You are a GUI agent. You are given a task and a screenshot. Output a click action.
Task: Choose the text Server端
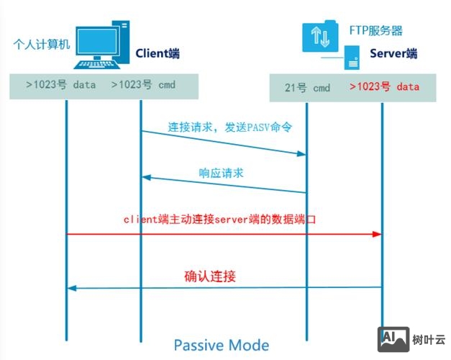[x=393, y=53]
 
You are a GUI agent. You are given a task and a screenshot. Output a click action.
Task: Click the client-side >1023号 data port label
[x=60, y=84]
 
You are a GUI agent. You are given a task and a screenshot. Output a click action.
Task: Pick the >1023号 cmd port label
[x=143, y=84]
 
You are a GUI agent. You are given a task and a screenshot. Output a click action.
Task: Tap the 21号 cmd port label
[x=308, y=88]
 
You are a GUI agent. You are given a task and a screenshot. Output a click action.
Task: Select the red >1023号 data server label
[x=384, y=86]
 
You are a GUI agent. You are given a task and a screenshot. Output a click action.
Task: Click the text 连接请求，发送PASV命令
[x=220, y=127]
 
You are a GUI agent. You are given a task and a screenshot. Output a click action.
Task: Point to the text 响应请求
[x=221, y=174]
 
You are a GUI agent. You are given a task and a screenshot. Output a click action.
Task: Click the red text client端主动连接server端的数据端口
[x=219, y=218]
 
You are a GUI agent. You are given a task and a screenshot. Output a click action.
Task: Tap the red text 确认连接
[x=210, y=276]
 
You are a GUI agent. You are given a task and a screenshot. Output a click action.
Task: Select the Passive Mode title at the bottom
[x=221, y=345]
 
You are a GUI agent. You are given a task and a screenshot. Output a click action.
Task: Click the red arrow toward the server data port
[x=223, y=235]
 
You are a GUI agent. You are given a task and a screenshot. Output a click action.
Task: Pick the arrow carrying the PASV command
[x=223, y=143]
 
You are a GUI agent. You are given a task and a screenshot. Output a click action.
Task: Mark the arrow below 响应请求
[x=223, y=184]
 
